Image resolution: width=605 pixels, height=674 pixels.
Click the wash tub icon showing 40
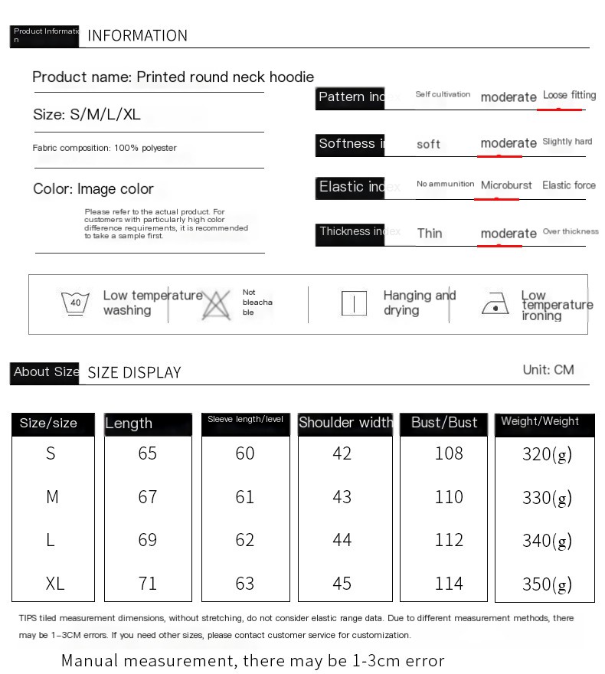(x=75, y=303)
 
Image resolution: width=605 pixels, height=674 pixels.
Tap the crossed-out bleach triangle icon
(x=217, y=305)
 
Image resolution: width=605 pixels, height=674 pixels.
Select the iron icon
(x=495, y=305)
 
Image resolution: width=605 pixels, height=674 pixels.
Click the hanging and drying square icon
(x=354, y=303)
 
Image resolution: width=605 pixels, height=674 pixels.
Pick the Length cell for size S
(x=147, y=453)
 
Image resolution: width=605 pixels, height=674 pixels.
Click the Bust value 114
(x=449, y=584)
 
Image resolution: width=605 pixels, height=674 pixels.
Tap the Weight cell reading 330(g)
(x=546, y=498)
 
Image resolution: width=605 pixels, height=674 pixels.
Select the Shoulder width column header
(x=345, y=423)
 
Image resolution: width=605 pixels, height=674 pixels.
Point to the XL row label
(x=54, y=584)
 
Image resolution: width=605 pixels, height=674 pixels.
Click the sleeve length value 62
(x=245, y=541)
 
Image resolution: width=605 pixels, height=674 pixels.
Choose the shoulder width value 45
(x=342, y=584)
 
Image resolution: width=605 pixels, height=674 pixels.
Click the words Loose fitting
(x=569, y=96)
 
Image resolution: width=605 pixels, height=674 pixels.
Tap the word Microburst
(x=506, y=185)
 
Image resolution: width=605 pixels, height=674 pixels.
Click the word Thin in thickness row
(x=430, y=234)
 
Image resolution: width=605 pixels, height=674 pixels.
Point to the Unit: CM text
(x=548, y=370)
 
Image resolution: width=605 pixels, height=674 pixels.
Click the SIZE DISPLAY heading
(x=134, y=373)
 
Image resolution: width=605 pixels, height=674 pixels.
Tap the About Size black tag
(x=45, y=372)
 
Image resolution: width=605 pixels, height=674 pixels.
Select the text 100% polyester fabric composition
(x=105, y=148)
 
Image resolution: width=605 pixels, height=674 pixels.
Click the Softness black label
(x=350, y=144)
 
